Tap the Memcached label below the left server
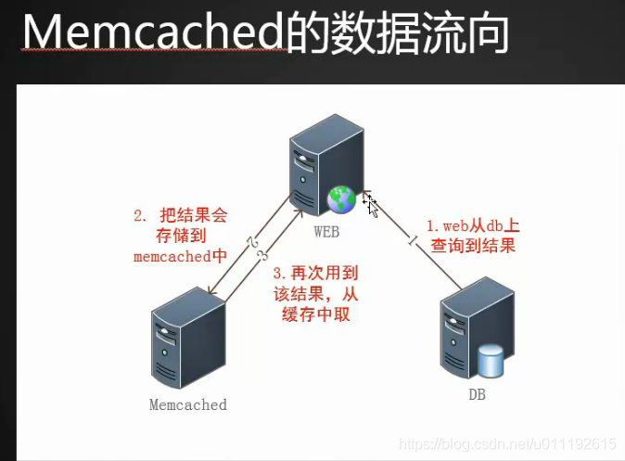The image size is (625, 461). click(x=187, y=404)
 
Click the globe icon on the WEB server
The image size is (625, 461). click(x=340, y=197)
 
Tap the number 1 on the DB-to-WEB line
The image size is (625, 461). click(x=411, y=243)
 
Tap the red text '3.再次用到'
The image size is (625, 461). click(x=316, y=275)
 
